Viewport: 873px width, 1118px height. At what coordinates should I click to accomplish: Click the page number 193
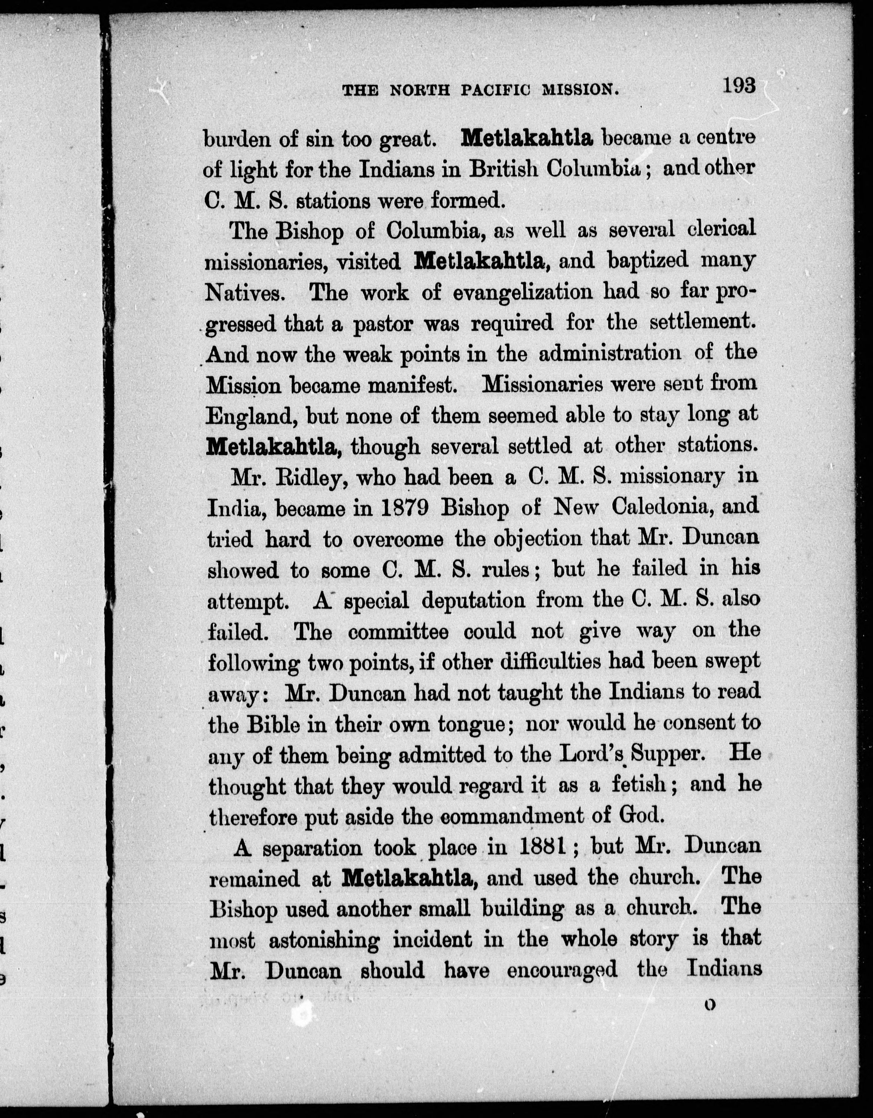[739, 86]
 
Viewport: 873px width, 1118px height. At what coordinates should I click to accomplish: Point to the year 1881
[543, 847]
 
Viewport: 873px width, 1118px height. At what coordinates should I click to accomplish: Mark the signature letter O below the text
[709, 1005]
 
